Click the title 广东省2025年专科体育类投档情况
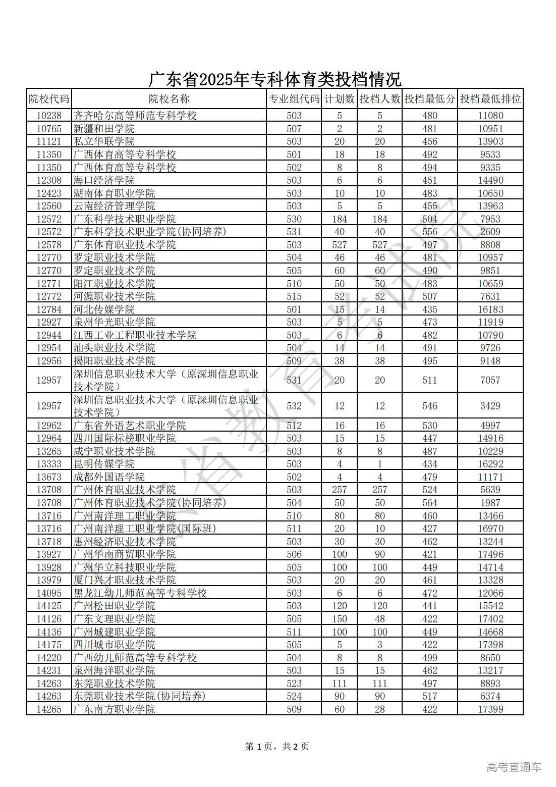275,79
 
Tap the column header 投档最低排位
490,99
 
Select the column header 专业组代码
294,99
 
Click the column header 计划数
339,99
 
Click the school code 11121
49,142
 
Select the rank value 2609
490,232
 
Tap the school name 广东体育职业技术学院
125,245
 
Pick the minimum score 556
429,232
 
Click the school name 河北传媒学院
104,309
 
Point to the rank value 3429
490,406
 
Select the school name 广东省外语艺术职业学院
130,426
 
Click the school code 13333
49,464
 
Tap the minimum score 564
429,503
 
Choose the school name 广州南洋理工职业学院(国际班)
145,529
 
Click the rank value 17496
490,554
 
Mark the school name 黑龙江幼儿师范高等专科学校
140,593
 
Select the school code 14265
49,709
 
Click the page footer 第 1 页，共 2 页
277,746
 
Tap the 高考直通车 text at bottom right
514,767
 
